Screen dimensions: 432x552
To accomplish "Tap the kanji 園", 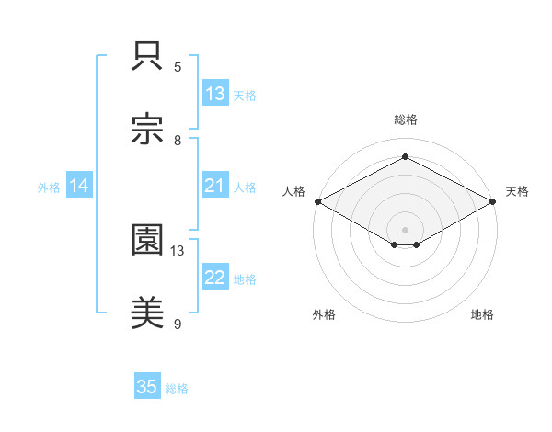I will click(x=148, y=240).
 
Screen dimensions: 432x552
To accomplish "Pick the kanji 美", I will click(x=148, y=313).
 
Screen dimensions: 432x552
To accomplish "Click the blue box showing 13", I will click(x=215, y=94).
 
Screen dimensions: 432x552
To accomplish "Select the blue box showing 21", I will click(x=215, y=187).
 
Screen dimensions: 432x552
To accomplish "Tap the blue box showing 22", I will click(x=215, y=279).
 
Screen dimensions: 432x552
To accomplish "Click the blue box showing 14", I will click(x=79, y=187).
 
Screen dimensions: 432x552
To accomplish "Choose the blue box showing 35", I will click(x=147, y=388).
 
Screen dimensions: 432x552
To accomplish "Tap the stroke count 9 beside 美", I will click(x=178, y=324).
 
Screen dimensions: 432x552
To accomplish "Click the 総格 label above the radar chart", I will click(x=405, y=119).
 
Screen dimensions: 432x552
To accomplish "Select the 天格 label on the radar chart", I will click(x=517, y=191).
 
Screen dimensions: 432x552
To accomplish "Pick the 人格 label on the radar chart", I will click(x=293, y=191).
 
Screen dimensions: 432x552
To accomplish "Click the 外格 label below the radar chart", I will click(x=324, y=314).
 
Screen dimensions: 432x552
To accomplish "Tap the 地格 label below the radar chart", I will click(x=482, y=314).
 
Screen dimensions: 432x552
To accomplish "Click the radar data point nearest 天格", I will click(x=494, y=201).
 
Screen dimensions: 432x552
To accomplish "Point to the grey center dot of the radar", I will click(x=405, y=229).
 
